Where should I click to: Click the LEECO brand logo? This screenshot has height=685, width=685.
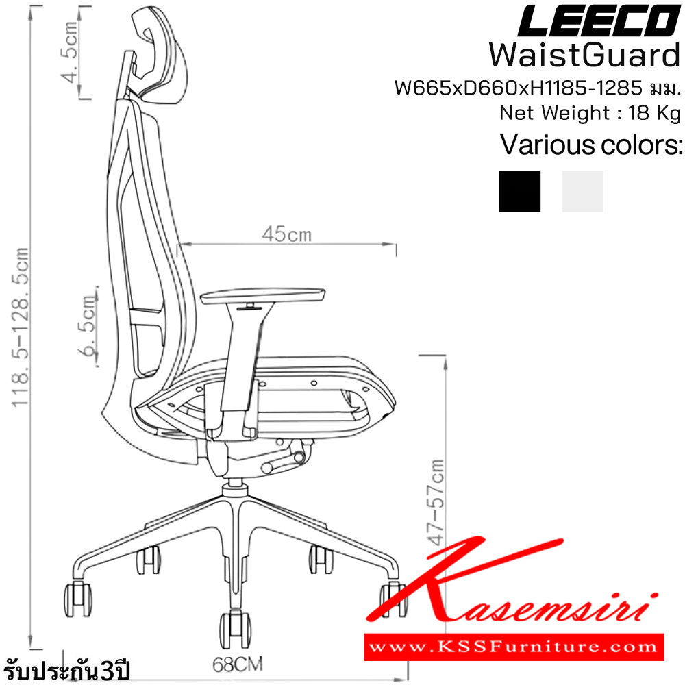[x=599, y=21]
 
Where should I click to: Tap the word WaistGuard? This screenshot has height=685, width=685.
[x=585, y=55]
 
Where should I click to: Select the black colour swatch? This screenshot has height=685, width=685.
[x=519, y=191]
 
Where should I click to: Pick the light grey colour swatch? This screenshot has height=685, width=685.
[x=582, y=191]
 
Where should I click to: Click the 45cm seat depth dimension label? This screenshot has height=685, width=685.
[x=287, y=234]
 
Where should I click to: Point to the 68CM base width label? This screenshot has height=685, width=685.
[x=238, y=664]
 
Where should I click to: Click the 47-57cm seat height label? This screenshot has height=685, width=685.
[x=436, y=502]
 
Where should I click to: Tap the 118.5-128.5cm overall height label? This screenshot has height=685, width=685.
[x=20, y=327]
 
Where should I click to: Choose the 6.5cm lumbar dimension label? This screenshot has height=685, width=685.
[x=88, y=326]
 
